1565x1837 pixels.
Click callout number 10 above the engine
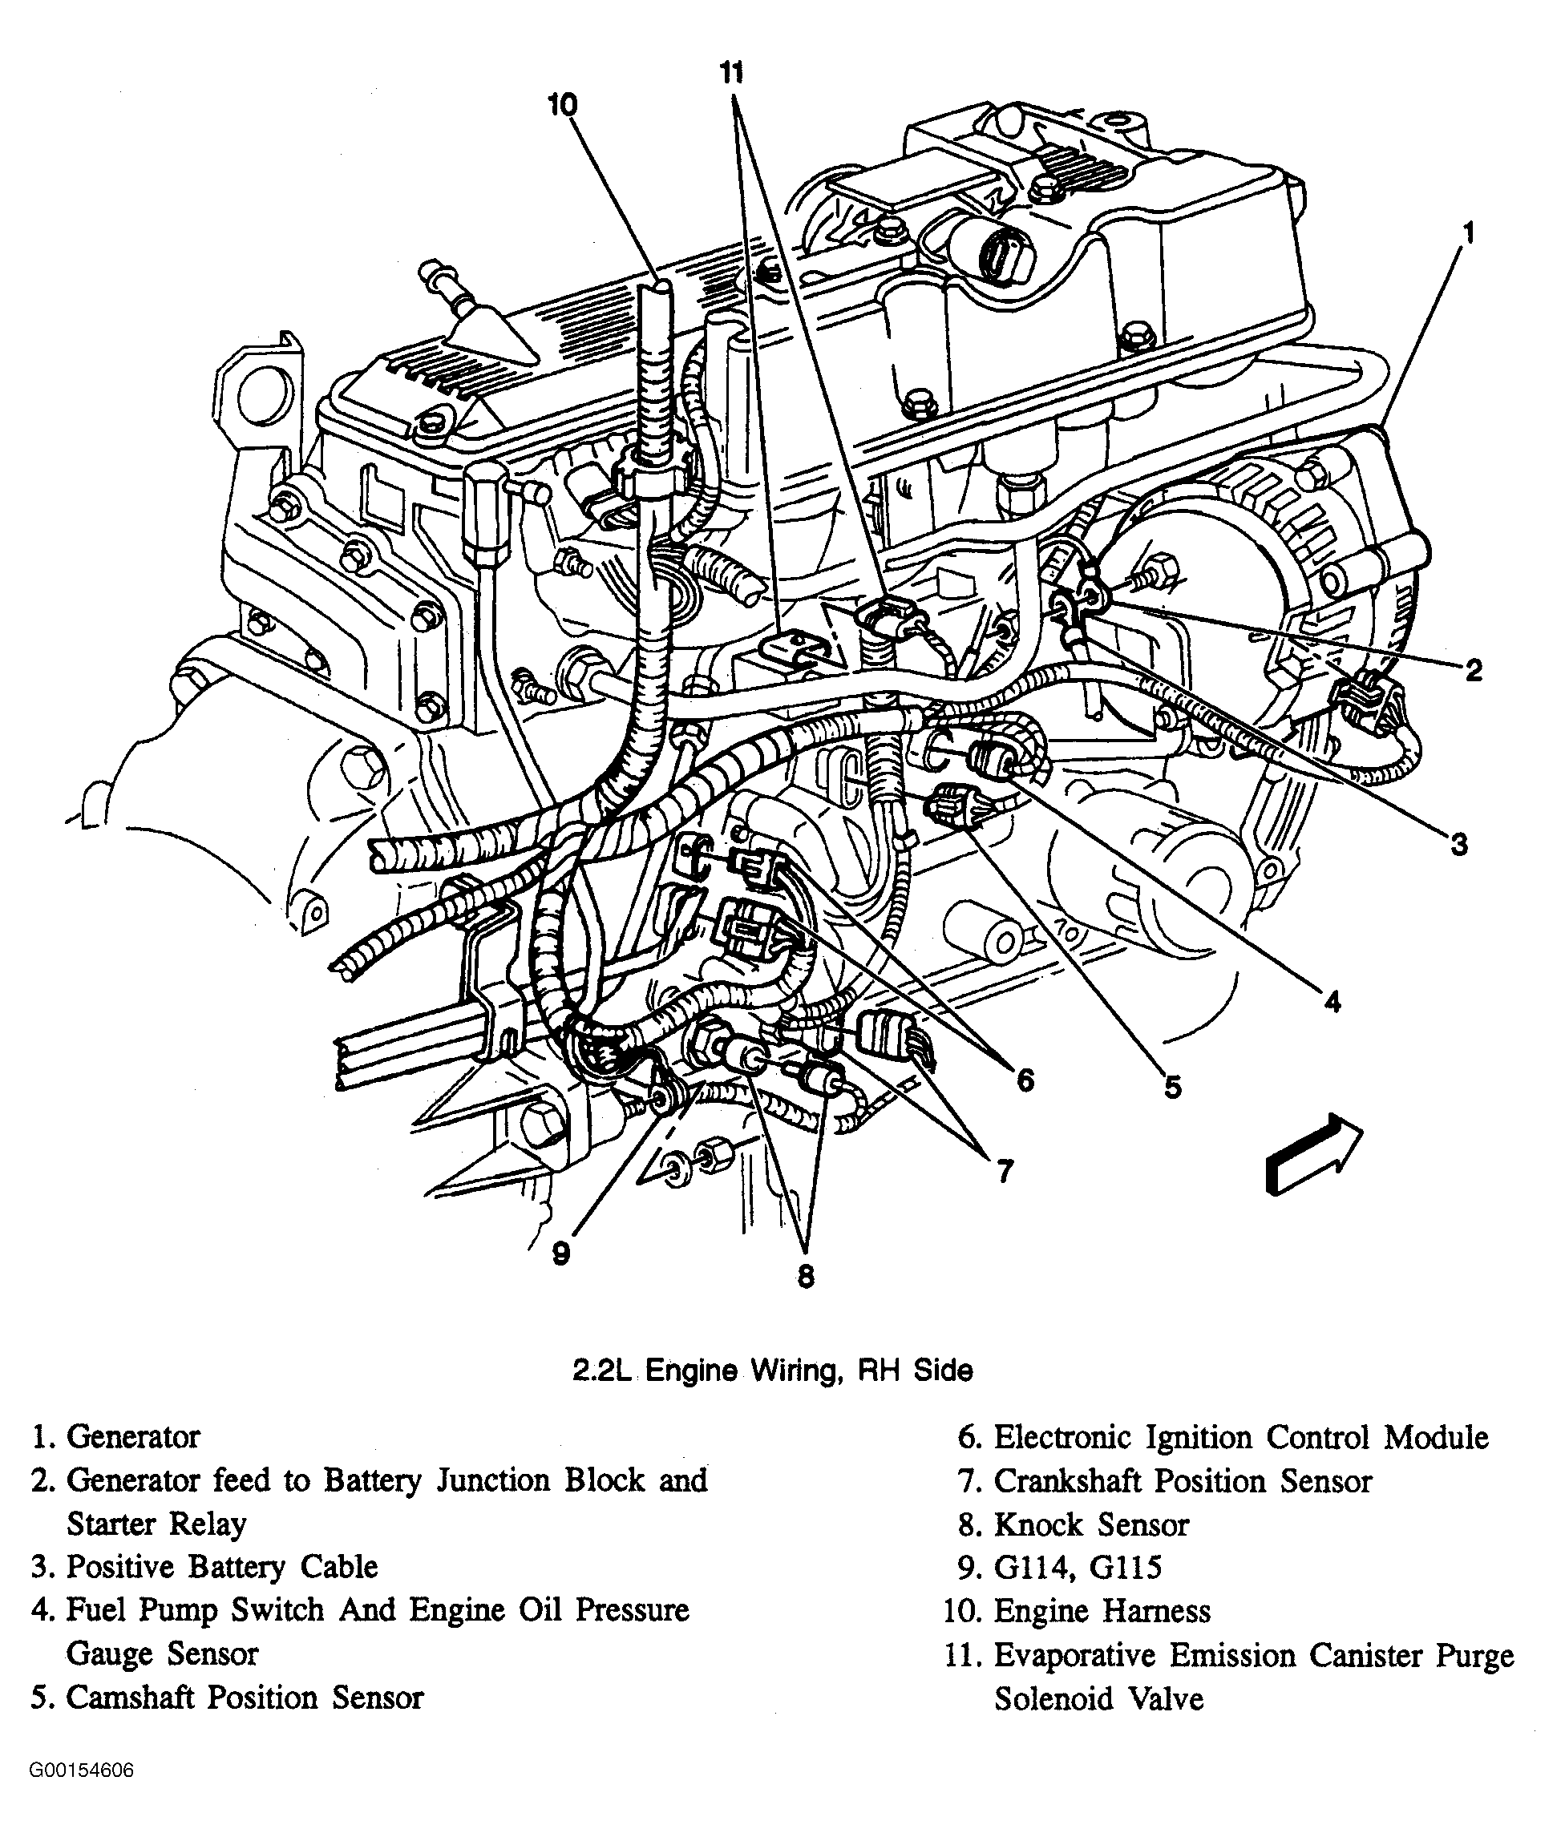tap(562, 106)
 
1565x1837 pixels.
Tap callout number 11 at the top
tap(730, 73)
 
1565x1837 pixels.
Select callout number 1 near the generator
tap(1468, 234)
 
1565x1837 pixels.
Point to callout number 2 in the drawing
tap(1473, 670)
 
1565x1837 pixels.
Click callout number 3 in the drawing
tap(1458, 844)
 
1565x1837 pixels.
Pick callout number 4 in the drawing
tap(1332, 1003)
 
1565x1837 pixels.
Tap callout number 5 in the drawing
tap(1172, 1087)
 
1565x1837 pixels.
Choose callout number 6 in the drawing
tap(1024, 1080)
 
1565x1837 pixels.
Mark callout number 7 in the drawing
tap(1004, 1172)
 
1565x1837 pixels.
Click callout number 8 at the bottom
tap(805, 1277)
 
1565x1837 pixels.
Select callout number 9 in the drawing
tap(560, 1254)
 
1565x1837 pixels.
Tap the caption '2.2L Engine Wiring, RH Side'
tap(772, 1371)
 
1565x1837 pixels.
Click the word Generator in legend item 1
tap(133, 1437)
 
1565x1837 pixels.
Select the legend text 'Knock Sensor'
tap(1090, 1525)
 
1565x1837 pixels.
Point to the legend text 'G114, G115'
tap(1078, 1568)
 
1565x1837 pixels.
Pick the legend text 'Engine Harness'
tap(1102, 1611)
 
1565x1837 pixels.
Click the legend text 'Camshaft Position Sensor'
tap(245, 1697)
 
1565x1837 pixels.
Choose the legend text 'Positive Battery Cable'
tap(221, 1568)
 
